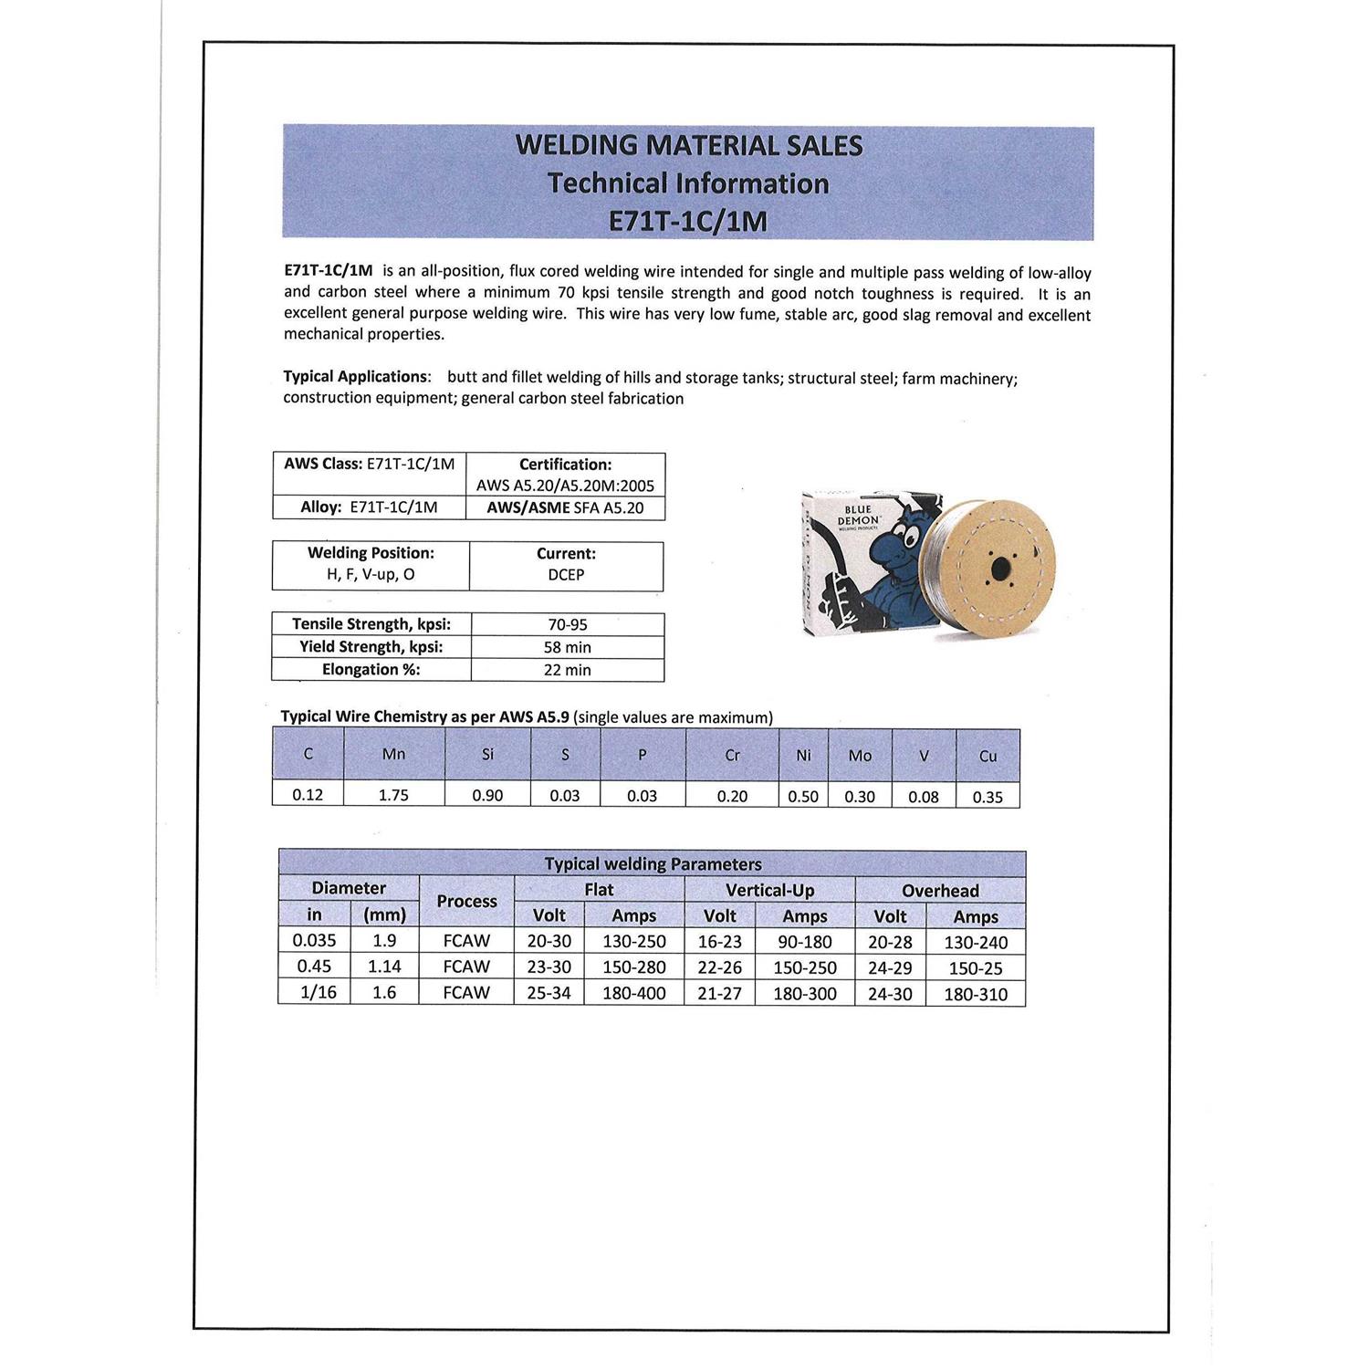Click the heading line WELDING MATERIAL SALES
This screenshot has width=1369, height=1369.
pyautogui.click(x=688, y=146)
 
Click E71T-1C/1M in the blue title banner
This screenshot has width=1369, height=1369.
pyautogui.click(x=688, y=222)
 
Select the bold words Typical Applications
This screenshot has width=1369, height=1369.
pyautogui.click(x=355, y=377)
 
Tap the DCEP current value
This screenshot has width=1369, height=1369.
pyautogui.click(x=566, y=575)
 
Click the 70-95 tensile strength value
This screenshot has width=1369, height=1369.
pyautogui.click(x=567, y=625)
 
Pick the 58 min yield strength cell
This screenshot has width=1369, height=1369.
pyautogui.click(x=567, y=648)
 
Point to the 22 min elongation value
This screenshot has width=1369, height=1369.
pyautogui.click(x=567, y=670)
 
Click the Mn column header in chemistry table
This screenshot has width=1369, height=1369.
pyautogui.click(x=394, y=755)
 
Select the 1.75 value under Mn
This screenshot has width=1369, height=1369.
pyautogui.click(x=394, y=795)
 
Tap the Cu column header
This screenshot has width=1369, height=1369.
pyautogui.click(x=988, y=757)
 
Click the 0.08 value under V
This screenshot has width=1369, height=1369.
pyautogui.click(x=923, y=797)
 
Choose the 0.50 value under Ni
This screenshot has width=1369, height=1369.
pyautogui.click(x=803, y=797)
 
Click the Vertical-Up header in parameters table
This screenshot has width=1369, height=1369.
pyautogui.click(x=769, y=890)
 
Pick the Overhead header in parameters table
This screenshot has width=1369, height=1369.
pyautogui.click(x=940, y=891)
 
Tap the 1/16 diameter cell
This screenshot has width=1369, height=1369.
pyautogui.click(x=319, y=992)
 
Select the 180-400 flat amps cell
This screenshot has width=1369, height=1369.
pyautogui.click(x=634, y=993)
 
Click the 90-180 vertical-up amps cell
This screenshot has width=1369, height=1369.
pyautogui.click(x=805, y=942)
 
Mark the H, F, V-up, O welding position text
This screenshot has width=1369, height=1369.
pyautogui.click(x=371, y=575)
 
